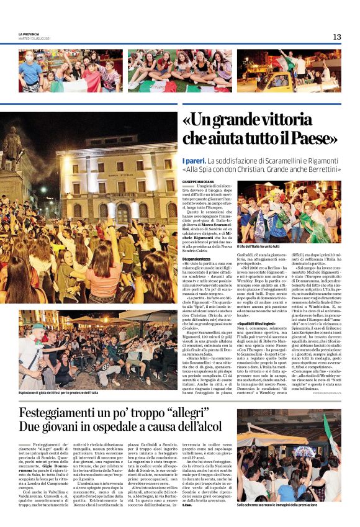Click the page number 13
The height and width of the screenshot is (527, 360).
pyautogui.click(x=336, y=37)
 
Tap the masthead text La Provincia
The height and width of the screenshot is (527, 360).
pyautogui.click(x=29, y=34)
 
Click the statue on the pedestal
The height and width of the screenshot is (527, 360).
pyautogui.click(x=12, y=152)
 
